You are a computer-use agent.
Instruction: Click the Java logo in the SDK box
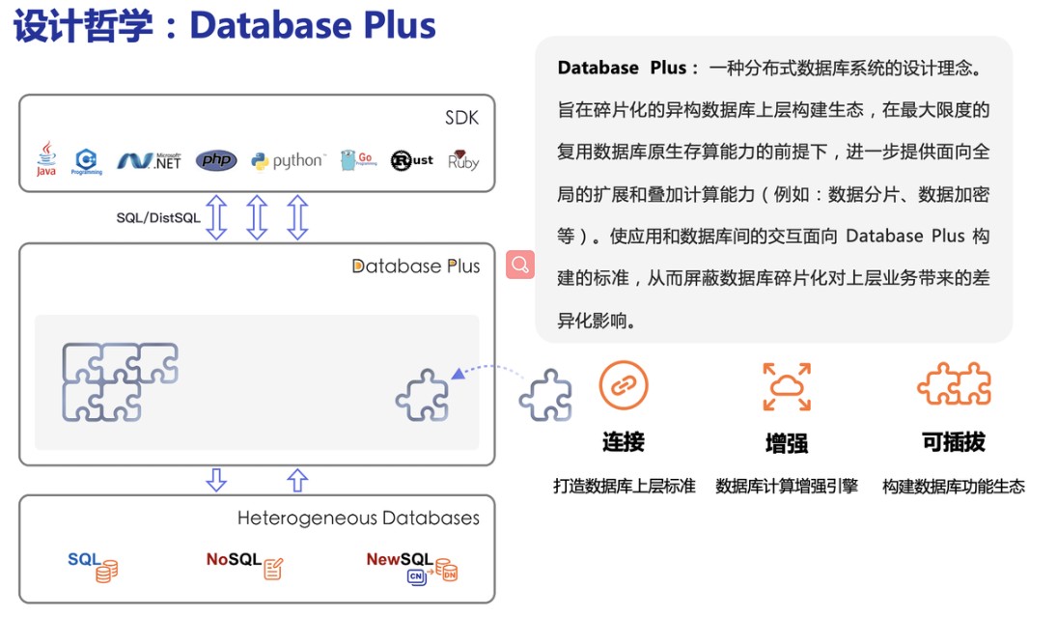(45, 159)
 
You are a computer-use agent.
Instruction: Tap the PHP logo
(216, 160)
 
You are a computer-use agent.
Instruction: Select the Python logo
(288, 161)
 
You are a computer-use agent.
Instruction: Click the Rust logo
(411, 160)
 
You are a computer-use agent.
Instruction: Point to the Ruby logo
(463, 160)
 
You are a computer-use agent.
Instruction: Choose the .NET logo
(150, 161)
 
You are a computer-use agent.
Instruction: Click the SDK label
(461, 119)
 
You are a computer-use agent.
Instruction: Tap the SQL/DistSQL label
(158, 218)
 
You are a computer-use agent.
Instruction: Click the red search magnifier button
(520, 265)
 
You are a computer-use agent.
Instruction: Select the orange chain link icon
(623, 385)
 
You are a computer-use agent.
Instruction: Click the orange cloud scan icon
(787, 386)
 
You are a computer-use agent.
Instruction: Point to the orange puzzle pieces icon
(954, 385)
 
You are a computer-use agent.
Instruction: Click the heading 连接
(623, 442)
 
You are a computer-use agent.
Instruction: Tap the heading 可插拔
(954, 442)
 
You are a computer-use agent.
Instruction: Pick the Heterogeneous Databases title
(358, 519)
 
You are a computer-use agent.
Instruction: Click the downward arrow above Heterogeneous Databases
(217, 480)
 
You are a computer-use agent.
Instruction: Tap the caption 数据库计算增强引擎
(787, 487)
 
